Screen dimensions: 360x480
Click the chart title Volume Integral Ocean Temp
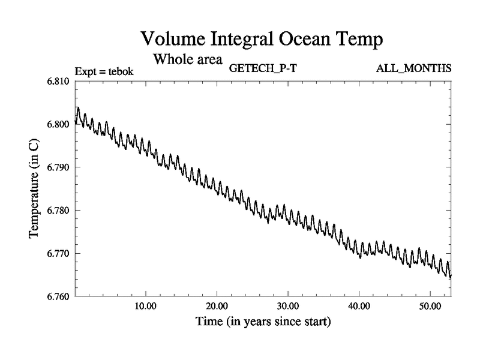click(x=262, y=40)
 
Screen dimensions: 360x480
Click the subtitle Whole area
click(x=188, y=59)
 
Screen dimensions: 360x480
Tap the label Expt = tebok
click(x=104, y=71)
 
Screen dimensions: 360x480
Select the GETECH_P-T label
click(x=263, y=67)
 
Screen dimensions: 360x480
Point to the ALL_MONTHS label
click(x=413, y=67)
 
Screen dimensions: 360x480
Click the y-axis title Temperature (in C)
click(x=35, y=188)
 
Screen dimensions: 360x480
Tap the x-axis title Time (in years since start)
click(x=263, y=322)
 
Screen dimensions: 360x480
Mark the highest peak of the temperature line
click(x=78, y=108)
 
